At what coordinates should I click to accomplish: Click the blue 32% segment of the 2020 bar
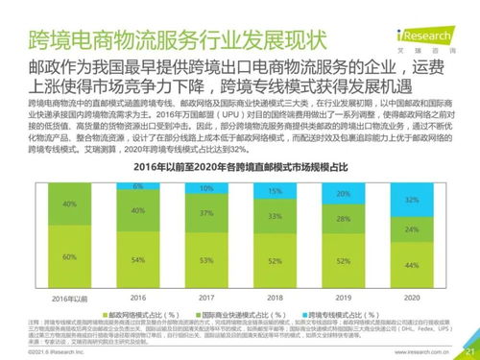pos(411,200)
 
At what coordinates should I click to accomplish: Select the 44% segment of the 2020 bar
pos(411,265)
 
